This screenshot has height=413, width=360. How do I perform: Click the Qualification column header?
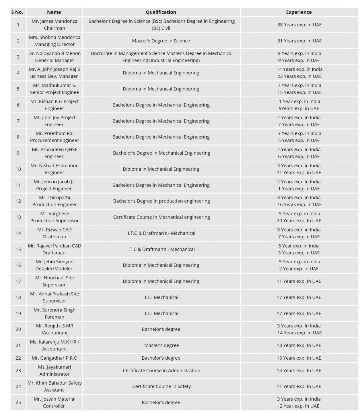[161, 12]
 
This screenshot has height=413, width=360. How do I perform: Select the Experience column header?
[299, 12]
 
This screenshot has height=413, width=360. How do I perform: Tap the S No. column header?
[17, 12]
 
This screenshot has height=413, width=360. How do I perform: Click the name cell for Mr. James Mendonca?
[55, 25]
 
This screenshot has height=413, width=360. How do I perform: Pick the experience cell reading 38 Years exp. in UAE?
[299, 25]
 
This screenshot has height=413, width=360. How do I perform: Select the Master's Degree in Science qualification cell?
[161, 41]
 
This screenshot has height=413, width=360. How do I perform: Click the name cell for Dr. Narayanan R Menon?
[55, 57]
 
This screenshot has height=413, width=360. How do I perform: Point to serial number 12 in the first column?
[18, 201]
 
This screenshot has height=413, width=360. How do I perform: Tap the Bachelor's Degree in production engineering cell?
[161, 201]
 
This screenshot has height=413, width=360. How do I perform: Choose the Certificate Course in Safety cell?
[161, 386]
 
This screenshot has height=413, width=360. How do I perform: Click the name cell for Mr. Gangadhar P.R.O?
[55, 358]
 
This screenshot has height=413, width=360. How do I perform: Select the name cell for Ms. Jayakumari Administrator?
[55, 370]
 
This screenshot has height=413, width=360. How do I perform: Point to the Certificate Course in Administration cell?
[161, 371]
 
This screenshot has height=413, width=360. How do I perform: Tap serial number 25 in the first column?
[18, 402]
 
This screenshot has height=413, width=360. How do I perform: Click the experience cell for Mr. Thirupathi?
[299, 201]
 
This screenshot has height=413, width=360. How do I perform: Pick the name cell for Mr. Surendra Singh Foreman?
[55, 313]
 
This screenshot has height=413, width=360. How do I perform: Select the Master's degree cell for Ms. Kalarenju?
[161, 345]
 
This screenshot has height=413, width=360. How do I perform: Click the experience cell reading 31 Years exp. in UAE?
[299, 41]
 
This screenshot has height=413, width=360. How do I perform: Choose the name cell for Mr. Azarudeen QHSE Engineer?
[55, 153]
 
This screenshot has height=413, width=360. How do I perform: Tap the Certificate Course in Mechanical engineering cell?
[161, 217]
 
